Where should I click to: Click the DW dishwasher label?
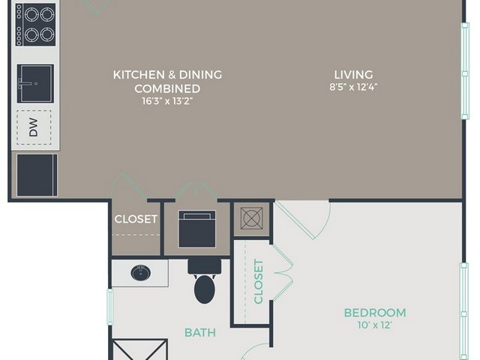[x=33, y=127]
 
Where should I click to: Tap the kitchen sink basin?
[x=35, y=83]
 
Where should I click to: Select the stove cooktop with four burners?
[x=35, y=25]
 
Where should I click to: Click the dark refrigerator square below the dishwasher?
[x=37, y=175]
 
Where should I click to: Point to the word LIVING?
[x=353, y=75]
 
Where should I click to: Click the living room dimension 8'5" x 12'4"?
[x=353, y=87]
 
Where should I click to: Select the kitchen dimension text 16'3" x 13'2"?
[x=167, y=101]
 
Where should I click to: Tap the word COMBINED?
[x=167, y=88]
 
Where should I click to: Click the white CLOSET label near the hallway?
[x=136, y=219]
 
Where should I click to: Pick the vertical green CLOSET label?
[x=258, y=282]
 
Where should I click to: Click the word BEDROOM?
[x=375, y=313]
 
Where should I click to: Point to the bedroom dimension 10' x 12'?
[x=375, y=325]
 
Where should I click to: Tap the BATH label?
[x=200, y=332]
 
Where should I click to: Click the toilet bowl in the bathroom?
[x=205, y=289]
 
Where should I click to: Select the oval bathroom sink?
[x=141, y=273]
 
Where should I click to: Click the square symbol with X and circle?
[x=252, y=218]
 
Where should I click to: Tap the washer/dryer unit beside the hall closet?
[x=197, y=229]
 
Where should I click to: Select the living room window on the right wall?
[x=465, y=71]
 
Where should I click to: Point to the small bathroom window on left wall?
[x=110, y=307]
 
